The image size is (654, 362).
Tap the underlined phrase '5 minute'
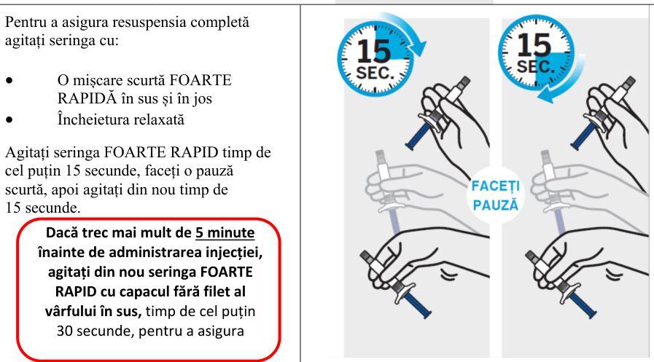point(225,232)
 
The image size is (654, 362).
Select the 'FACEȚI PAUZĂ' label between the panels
point(495,195)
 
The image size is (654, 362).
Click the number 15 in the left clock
point(374,51)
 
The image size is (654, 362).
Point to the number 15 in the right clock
point(534,45)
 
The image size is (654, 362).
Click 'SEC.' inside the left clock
point(375,74)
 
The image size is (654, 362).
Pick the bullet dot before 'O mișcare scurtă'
point(9,80)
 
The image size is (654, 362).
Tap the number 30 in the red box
point(65,331)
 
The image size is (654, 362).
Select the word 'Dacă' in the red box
point(61,232)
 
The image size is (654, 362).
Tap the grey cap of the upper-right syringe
point(629,82)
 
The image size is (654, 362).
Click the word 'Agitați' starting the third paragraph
point(28,153)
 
